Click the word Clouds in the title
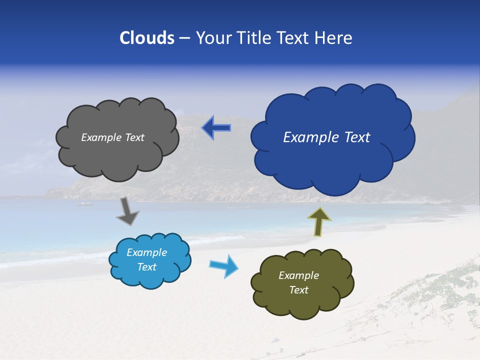point(147,38)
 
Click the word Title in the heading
point(253,38)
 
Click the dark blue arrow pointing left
point(216,128)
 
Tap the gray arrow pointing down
point(127,211)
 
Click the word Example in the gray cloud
point(101,137)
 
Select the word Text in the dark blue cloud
point(357,137)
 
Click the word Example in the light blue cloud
point(147,252)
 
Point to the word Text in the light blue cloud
point(147,267)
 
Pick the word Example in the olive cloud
point(299,275)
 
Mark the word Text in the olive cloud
point(299,290)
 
